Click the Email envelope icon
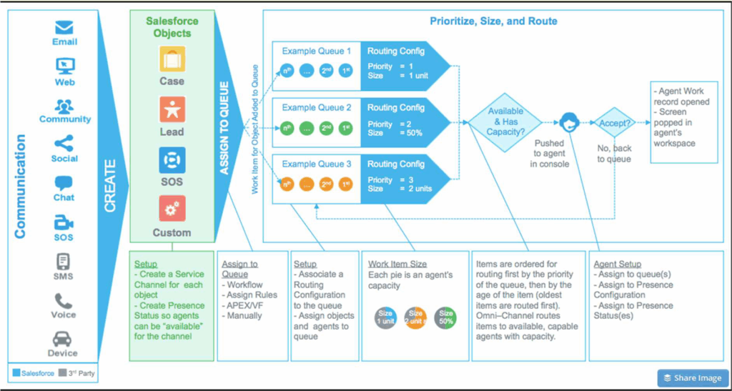point(64,28)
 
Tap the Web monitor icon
point(64,66)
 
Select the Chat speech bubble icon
point(64,182)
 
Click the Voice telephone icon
point(64,301)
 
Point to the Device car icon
point(64,339)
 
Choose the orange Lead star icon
point(172,109)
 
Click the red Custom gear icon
point(172,209)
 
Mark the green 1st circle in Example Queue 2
point(346,129)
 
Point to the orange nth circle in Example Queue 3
point(287,183)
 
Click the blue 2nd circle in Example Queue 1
point(327,71)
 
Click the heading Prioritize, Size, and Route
point(493,21)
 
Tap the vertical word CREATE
point(111,186)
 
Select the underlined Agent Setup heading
point(617,264)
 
